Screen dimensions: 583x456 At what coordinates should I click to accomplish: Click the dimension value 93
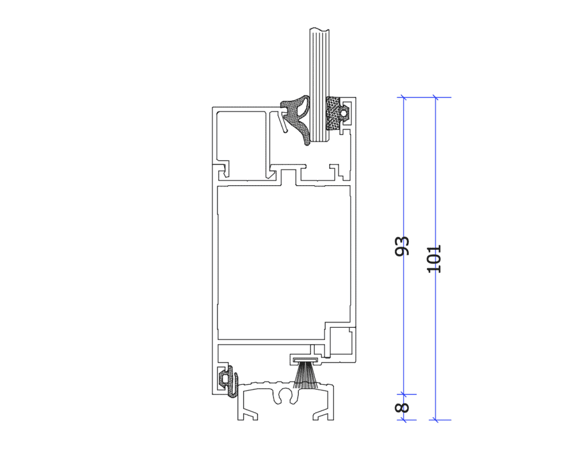point(401,246)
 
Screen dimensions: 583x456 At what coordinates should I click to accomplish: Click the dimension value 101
point(433,259)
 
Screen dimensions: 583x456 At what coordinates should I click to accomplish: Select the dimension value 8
point(402,408)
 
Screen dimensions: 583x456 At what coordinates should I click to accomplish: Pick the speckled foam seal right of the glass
point(333,113)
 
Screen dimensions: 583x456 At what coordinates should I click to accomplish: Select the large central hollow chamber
point(284,262)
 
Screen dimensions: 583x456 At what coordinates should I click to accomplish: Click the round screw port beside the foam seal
point(344,112)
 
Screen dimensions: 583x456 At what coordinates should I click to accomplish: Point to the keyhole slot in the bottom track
point(286,397)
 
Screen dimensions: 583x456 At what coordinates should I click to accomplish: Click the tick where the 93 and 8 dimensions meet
point(404,394)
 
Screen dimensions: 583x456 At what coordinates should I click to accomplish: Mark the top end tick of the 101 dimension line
point(436,97)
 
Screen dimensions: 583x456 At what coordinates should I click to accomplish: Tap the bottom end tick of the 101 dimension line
point(436,420)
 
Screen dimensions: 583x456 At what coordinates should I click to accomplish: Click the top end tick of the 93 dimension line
point(404,97)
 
